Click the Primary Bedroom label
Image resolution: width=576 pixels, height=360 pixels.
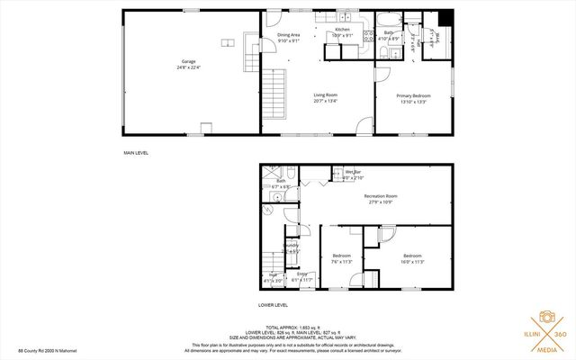coord(414,97)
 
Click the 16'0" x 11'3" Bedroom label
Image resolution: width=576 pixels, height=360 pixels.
coord(412,258)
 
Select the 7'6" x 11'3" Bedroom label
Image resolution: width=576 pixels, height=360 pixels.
coord(341,258)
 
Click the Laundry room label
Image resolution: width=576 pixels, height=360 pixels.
coord(292,247)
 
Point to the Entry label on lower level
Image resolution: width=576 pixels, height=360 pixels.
coord(301,275)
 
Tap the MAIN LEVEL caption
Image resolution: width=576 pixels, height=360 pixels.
coord(136,153)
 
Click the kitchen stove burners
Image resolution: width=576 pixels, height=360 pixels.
coord(368,37)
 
